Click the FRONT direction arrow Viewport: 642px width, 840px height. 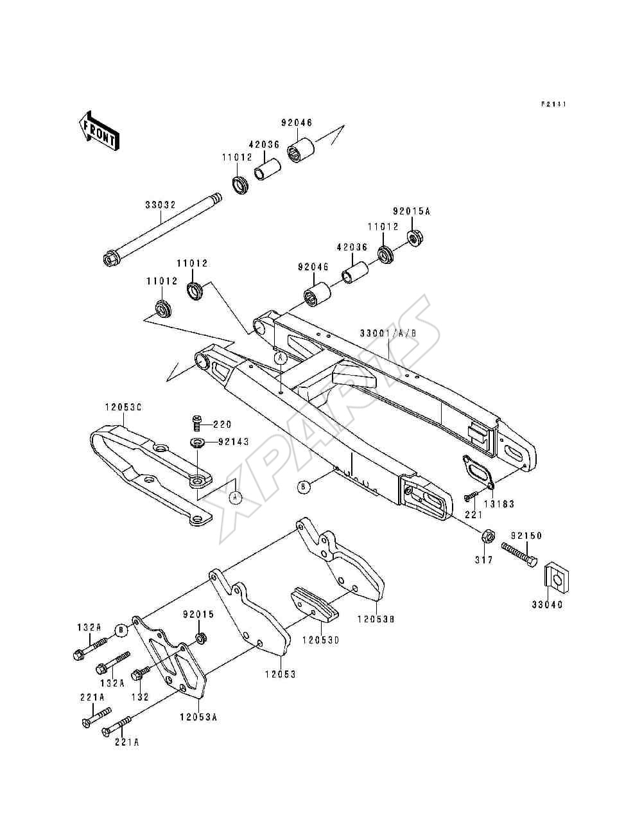(x=99, y=131)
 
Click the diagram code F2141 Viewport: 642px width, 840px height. (x=553, y=104)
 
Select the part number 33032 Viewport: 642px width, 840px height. (x=160, y=205)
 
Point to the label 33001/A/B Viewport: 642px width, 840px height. (x=388, y=333)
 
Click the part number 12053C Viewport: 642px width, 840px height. (x=123, y=408)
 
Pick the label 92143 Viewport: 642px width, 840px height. (x=234, y=442)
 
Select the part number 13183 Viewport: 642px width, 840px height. (x=499, y=504)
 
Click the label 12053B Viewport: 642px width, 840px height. (x=376, y=618)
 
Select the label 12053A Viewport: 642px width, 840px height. (x=198, y=717)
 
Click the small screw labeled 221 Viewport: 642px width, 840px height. (x=470, y=496)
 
